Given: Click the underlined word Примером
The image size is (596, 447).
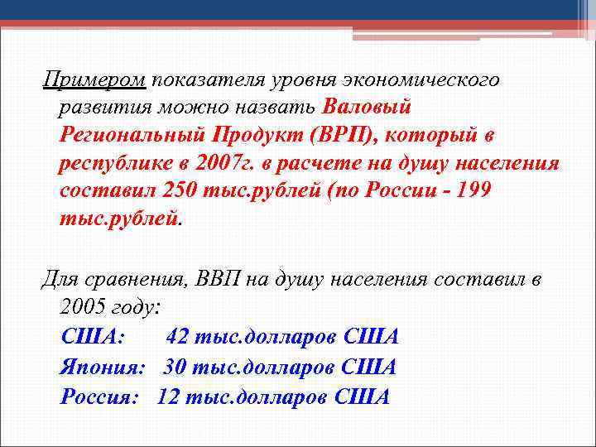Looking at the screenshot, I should (x=94, y=80).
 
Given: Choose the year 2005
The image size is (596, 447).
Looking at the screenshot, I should (x=83, y=306).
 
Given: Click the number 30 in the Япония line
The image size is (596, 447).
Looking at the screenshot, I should (x=174, y=367).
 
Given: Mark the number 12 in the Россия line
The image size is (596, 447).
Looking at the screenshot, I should (x=168, y=396).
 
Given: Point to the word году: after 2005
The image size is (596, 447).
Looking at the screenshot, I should (x=135, y=306).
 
